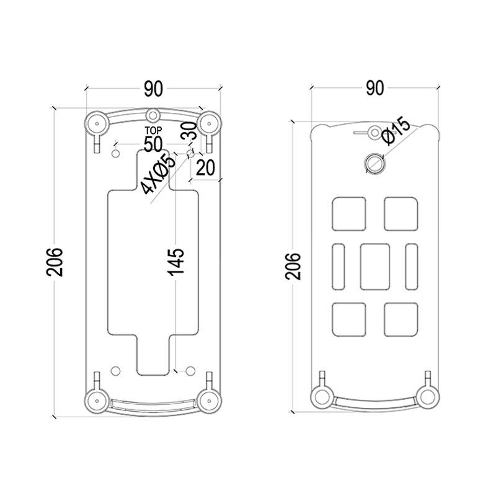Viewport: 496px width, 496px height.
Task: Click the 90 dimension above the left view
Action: click(153, 89)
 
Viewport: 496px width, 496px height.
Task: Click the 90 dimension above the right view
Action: click(375, 88)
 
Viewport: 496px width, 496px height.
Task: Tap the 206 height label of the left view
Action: click(55, 262)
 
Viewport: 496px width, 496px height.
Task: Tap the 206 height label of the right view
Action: click(293, 266)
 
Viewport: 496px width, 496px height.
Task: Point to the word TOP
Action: click(153, 130)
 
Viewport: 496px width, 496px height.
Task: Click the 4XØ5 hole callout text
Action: click(158, 174)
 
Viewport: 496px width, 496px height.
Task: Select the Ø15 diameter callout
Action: click(396, 131)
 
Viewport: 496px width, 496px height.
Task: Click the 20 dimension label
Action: click(206, 167)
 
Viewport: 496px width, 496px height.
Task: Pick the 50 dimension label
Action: click(153, 144)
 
